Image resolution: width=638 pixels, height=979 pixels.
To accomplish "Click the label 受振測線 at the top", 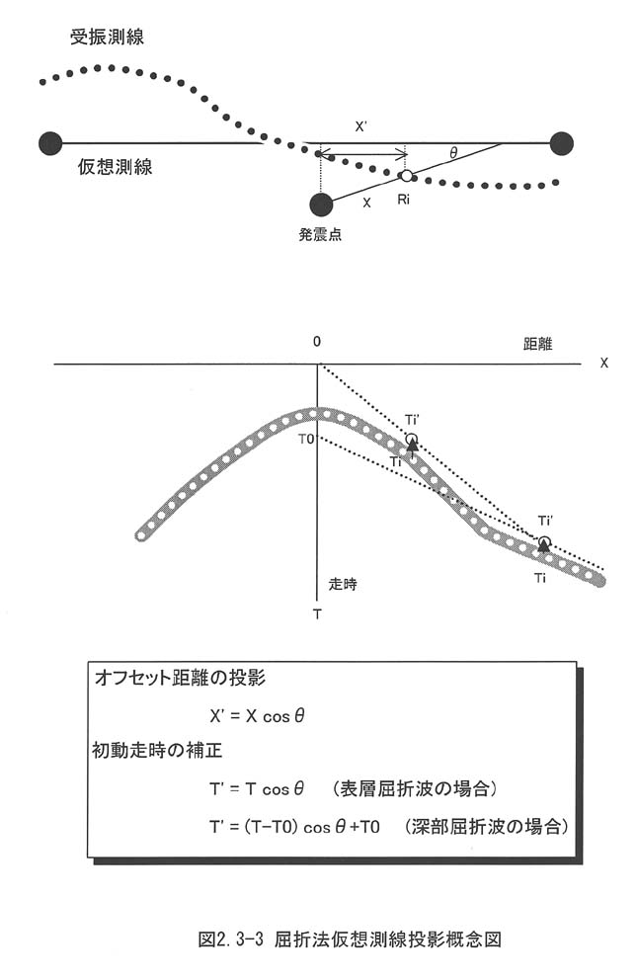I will [107, 38].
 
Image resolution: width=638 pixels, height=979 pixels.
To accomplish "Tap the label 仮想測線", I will [115, 168].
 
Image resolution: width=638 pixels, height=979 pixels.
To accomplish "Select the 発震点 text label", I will [320, 236].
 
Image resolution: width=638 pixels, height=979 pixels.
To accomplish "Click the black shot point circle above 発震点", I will [321, 204].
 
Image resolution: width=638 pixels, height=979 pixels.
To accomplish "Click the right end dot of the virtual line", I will [562, 143].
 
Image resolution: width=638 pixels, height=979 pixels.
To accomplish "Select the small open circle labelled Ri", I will [406, 176].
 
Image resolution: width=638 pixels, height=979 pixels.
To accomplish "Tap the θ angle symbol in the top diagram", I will [453, 153].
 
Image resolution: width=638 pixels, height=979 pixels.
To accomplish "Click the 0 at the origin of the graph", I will [317, 341].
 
